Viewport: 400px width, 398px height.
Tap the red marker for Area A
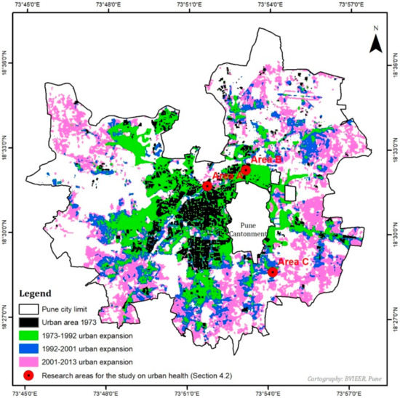pos(207,186)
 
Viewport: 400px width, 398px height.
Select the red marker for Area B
pos(246,170)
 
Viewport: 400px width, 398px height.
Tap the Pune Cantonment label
pos(255,230)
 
